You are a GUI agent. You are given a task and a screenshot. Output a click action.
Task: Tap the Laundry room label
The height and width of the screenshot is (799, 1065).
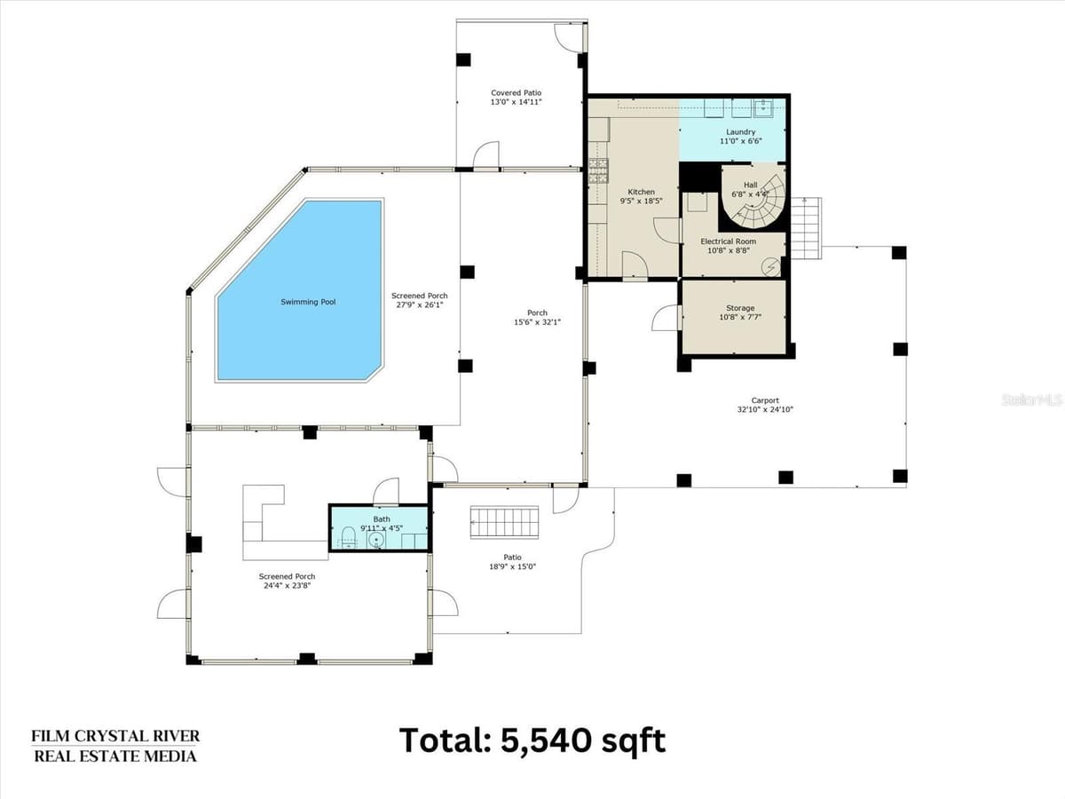point(740,132)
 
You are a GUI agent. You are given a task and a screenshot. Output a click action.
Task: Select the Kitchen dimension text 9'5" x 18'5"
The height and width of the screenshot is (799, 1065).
point(641,201)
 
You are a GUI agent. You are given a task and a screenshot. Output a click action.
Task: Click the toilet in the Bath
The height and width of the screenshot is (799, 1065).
point(349,536)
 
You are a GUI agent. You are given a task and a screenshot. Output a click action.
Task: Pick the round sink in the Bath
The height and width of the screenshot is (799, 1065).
point(376,540)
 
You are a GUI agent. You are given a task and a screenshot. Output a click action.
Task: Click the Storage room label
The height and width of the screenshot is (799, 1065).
point(740,308)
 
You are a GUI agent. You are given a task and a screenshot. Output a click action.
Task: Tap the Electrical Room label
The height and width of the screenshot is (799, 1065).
point(728,241)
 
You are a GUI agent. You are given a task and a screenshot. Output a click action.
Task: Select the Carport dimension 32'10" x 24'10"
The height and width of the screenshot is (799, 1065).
point(765,409)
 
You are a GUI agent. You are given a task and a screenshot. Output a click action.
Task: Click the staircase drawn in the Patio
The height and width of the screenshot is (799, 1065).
point(504,522)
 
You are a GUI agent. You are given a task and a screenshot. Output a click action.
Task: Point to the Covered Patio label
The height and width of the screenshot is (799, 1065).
point(516,92)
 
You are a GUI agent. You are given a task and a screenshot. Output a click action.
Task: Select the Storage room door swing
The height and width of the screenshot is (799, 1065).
point(666,318)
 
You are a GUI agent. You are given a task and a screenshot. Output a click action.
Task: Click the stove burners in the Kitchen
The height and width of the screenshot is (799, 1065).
point(599,170)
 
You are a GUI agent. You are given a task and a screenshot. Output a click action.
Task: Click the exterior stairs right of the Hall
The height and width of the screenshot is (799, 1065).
point(806,228)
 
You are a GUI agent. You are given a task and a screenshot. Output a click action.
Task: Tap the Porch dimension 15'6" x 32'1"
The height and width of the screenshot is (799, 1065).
point(537,322)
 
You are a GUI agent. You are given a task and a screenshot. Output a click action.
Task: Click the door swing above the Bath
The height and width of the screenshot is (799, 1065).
point(386,490)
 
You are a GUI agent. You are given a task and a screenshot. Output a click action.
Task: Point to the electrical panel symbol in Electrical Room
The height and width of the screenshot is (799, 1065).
point(770,267)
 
